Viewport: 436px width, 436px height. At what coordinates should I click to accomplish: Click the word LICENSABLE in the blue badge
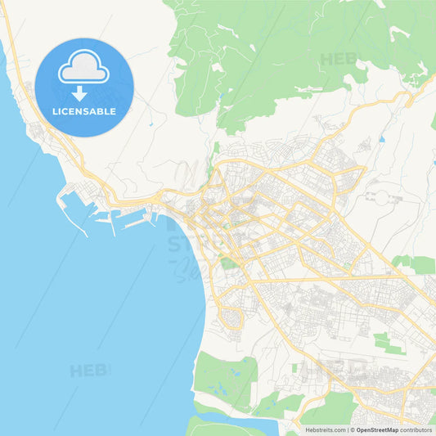pos(84,111)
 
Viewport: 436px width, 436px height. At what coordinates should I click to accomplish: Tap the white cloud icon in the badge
pos(83,68)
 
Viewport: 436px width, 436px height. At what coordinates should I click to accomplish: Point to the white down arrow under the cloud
pos(79,92)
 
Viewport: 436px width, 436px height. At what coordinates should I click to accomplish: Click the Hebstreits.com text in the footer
pos(326,429)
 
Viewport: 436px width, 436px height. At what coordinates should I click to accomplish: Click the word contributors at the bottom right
pos(416,429)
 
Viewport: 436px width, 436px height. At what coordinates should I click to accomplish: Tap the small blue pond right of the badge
pos(151,124)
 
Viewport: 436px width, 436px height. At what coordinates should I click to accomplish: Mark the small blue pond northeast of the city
pos(381,139)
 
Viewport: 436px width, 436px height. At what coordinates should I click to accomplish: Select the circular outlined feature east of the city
pos(378,196)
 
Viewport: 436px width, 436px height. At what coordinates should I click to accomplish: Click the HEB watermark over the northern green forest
pos(337,59)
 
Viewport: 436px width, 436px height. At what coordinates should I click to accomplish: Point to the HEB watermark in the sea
pos(88,371)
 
